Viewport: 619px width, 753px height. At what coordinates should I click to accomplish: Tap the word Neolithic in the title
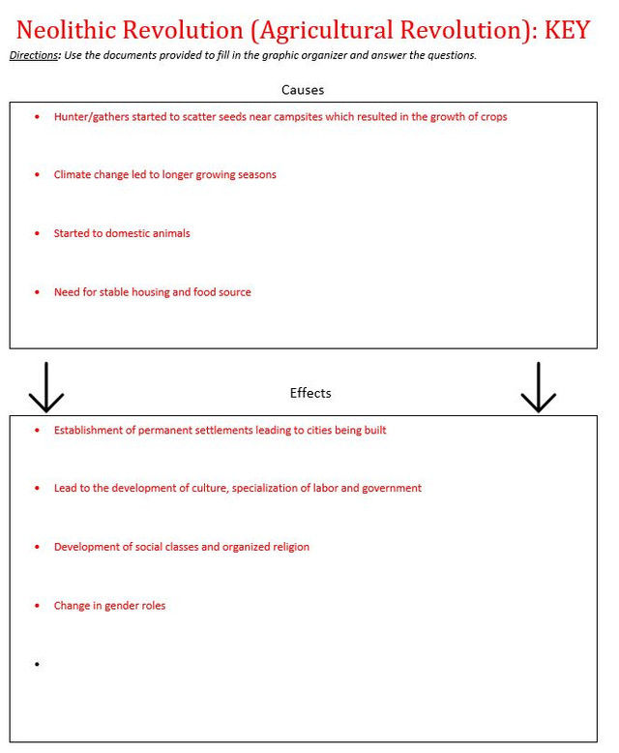(x=67, y=29)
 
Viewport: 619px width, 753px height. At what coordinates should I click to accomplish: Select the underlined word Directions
(x=34, y=55)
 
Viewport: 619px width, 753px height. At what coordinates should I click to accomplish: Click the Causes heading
(x=303, y=90)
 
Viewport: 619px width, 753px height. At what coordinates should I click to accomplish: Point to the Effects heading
(x=310, y=393)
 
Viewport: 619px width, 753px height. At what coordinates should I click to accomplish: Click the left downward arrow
(x=45, y=387)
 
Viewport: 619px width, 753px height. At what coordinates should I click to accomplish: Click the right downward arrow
(x=538, y=387)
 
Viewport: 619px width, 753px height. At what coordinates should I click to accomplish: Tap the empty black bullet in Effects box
(x=37, y=664)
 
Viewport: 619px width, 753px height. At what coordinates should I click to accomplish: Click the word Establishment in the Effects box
(x=90, y=430)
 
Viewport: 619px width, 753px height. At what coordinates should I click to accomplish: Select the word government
(x=392, y=489)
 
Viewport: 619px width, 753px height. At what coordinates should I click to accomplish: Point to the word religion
(x=287, y=547)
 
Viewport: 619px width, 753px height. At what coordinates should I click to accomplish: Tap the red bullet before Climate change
(x=37, y=175)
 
